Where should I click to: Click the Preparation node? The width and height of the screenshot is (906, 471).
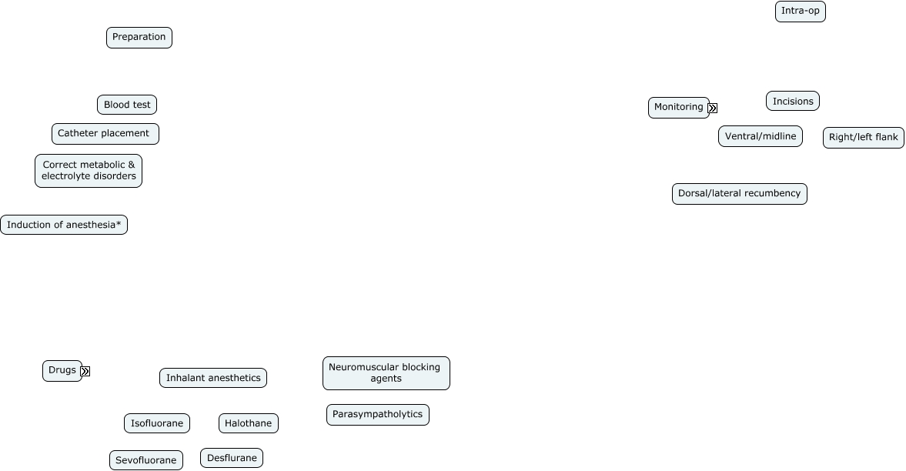[x=139, y=38]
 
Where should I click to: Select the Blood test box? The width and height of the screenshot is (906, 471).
[x=127, y=105]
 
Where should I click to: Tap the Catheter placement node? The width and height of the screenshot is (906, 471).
[x=105, y=134]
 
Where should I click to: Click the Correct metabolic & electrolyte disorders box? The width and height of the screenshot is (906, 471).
[x=89, y=171]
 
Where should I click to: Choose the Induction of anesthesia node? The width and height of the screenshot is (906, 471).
[x=64, y=225]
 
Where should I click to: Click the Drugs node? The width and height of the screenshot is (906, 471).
[x=62, y=371]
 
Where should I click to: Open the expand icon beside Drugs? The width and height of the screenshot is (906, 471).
[x=85, y=371]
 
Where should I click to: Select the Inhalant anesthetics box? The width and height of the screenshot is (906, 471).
[x=213, y=378]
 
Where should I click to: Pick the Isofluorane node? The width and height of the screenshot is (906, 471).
[x=157, y=423]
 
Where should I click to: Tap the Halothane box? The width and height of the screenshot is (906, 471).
[x=249, y=423]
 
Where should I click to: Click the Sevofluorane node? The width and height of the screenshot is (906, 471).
[x=146, y=460]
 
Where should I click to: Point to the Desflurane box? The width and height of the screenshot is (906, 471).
[x=232, y=458]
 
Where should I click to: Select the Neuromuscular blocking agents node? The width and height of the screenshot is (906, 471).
[x=386, y=373]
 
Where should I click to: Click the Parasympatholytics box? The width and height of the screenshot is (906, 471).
[x=378, y=415]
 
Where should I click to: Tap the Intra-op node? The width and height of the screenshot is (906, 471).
[x=800, y=12]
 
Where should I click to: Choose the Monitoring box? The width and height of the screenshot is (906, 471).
[x=678, y=108]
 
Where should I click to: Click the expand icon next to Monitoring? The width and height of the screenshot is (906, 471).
[x=713, y=108]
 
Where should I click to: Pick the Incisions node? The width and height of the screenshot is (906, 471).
[x=793, y=101]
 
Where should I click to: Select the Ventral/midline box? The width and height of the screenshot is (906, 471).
[x=761, y=137]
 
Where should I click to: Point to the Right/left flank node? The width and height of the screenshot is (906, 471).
[x=864, y=138]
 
